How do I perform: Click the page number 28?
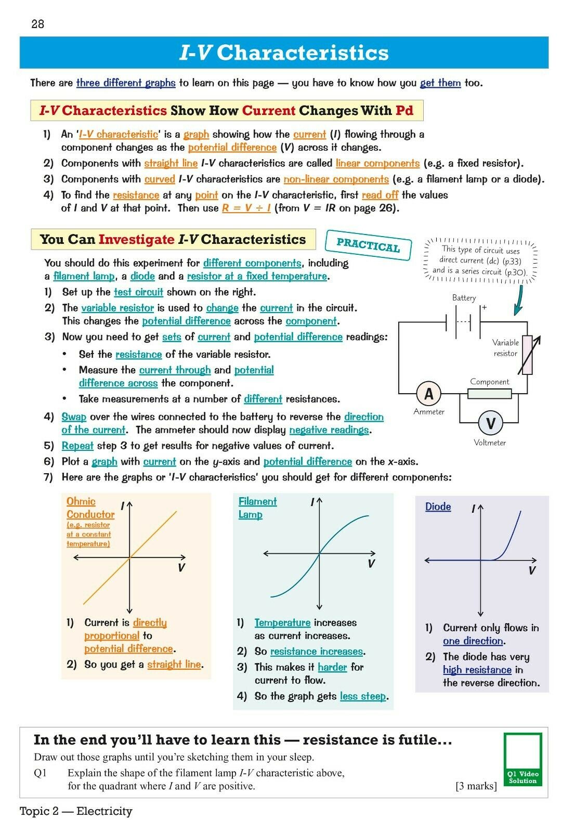click(x=38, y=24)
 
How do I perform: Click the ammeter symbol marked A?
click(x=429, y=394)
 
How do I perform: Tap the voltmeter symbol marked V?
click(x=490, y=423)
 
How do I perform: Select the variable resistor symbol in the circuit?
click(x=528, y=355)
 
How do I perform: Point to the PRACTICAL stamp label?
click(x=368, y=245)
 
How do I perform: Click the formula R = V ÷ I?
click(x=246, y=208)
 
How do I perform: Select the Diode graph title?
click(x=438, y=506)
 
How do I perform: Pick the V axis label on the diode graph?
click(x=532, y=570)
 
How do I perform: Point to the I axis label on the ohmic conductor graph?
click(x=122, y=505)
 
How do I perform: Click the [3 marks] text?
click(x=476, y=786)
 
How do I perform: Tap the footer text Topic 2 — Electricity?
click(x=76, y=811)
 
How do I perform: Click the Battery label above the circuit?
click(x=464, y=298)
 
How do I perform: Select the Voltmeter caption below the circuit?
click(x=490, y=443)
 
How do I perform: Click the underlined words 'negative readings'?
click(x=329, y=430)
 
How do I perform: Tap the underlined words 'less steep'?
click(x=363, y=696)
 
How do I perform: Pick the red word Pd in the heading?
click(x=404, y=110)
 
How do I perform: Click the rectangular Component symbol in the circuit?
click(x=489, y=394)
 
